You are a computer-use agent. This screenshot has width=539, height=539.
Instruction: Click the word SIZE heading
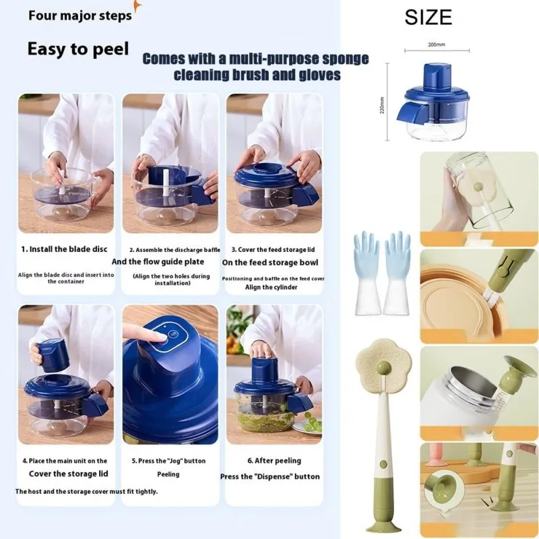(428, 17)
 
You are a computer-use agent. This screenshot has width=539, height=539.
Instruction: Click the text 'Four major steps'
(80, 15)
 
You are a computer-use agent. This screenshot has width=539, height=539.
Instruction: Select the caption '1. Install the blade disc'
(64, 249)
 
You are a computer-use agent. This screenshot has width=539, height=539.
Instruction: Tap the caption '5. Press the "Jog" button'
(168, 461)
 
